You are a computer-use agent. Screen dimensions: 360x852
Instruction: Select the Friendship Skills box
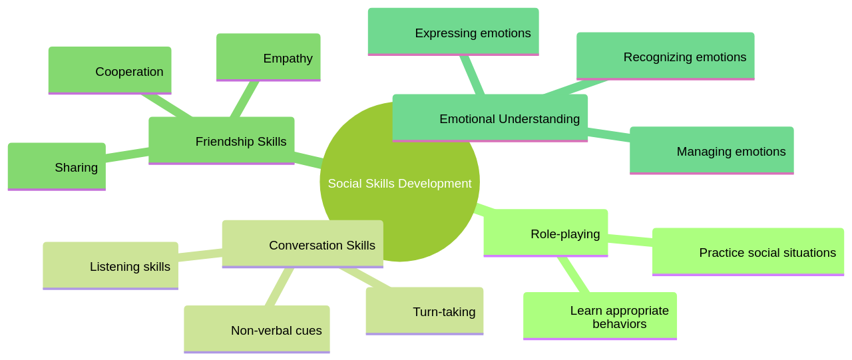click(x=221, y=140)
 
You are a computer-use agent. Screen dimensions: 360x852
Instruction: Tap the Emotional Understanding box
click(x=490, y=118)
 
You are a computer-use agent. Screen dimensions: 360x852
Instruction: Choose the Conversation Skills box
click(x=302, y=244)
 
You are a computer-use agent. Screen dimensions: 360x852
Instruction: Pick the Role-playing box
click(x=545, y=233)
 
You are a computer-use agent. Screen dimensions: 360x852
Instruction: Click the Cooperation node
click(x=110, y=71)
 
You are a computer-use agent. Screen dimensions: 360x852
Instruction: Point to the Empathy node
click(x=268, y=57)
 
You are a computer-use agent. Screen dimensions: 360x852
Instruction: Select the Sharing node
click(x=57, y=166)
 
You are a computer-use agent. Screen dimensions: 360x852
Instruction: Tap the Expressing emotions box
click(x=453, y=32)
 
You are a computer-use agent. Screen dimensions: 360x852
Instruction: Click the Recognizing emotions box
click(x=665, y=57)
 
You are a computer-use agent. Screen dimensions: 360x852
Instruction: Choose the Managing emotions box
click(x=712, y=150)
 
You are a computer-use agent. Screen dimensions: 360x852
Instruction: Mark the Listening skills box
click(x=110, y=266)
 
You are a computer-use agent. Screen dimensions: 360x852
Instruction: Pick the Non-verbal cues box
click(x=256, y=329)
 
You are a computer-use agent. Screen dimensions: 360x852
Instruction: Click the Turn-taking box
click(x=424, y=311)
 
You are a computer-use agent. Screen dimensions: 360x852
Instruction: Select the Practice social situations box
click(x=747, y=252)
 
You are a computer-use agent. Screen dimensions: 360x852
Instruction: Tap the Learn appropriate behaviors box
click(x=600, y=316)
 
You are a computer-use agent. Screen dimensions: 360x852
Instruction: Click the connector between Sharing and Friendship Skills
click(x=127, y=154)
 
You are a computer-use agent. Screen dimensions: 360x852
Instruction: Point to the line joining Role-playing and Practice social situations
click(x=630, y=240)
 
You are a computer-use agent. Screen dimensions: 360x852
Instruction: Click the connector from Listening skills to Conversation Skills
click(x=200, y=254)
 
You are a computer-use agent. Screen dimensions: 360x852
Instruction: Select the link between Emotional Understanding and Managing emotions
click(x=608, y=134)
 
